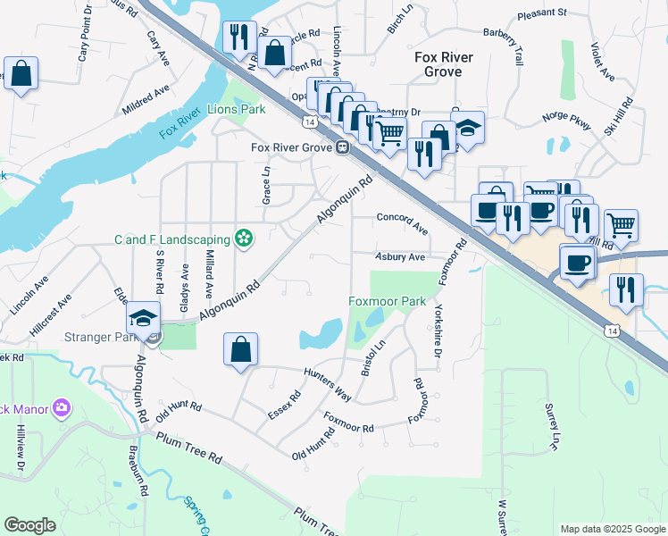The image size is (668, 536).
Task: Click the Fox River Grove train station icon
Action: (342, 147)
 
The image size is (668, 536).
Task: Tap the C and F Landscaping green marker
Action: (242, 239)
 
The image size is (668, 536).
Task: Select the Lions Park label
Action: (237, 110)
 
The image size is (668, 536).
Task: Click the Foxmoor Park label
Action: (387, 302)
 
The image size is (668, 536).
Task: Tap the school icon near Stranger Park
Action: (143, 318)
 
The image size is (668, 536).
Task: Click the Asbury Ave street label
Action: (399, 257)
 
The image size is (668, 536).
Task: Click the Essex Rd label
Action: (285, 406)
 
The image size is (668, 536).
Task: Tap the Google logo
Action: (29, 525)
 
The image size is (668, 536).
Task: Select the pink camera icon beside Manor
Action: (62, 408)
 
